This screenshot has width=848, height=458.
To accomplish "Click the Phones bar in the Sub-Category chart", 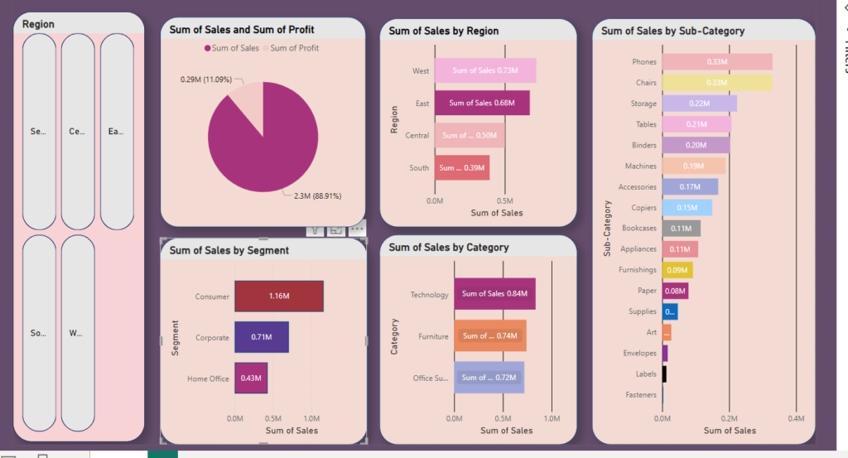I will coord(717,62).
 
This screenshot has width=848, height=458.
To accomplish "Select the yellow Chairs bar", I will coord(717,83).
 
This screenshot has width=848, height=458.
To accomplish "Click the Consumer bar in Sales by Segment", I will coord(278,296).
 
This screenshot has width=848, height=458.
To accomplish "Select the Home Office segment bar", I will coord(251,378).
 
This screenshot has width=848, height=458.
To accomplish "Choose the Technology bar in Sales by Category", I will coord(494,294).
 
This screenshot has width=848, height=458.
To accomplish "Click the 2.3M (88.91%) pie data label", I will coord(317,196).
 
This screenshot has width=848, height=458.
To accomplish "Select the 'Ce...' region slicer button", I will coord(78,132).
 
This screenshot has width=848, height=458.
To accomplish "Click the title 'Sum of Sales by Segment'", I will coord(229,250).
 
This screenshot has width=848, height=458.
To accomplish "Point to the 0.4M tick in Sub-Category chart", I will coord(796,419).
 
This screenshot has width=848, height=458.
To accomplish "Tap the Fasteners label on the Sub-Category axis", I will coord(641,395).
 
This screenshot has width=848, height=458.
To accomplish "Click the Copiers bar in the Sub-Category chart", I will coord(687,208).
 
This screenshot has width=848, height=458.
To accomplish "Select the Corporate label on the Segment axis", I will coord(212,338).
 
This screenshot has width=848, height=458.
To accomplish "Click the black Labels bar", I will coord(664,374).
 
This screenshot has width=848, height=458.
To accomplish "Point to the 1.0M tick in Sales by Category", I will coord(552,419).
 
